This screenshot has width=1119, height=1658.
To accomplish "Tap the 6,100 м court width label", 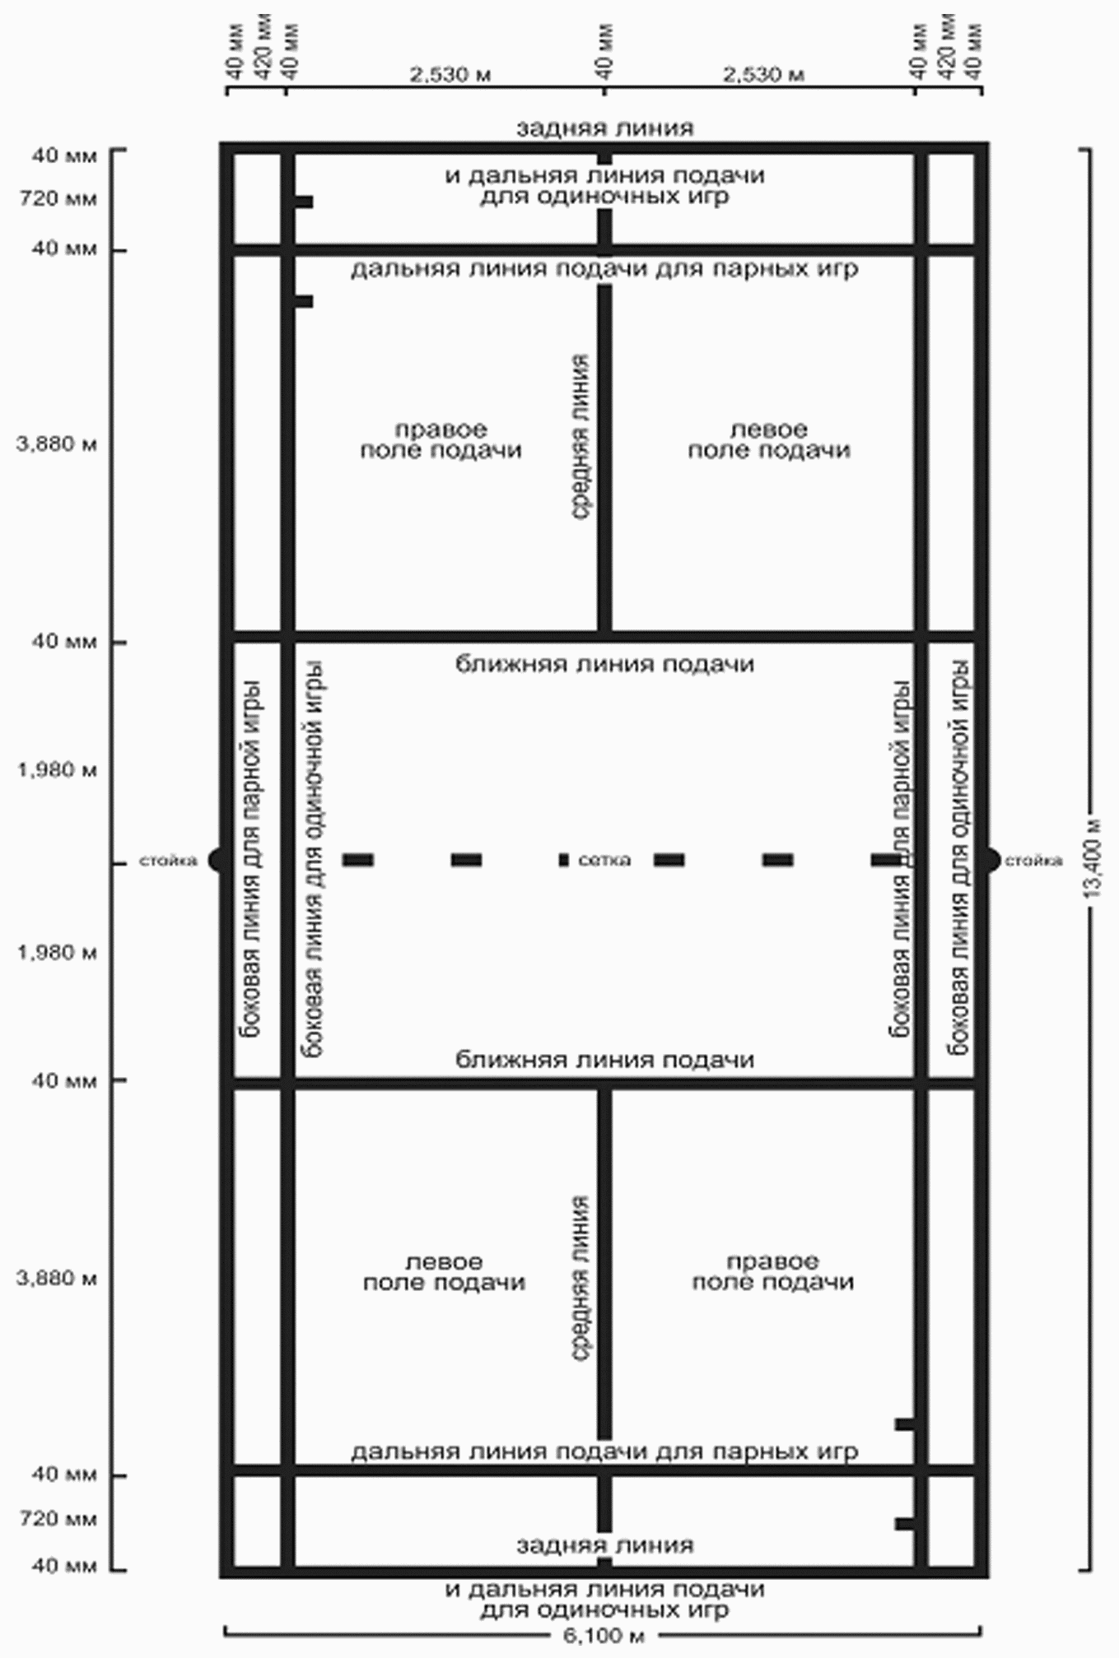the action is (x=604, y=1635).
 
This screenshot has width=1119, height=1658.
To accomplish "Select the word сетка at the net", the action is (x=604, y=861).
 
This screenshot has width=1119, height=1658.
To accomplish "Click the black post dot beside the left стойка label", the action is (x=217, y=861).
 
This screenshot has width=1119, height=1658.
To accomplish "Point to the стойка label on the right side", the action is (x=1033, y=861).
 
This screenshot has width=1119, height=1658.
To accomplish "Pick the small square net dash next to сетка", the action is (x=563, y=860).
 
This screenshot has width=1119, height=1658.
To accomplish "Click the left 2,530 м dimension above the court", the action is (x=450, y=75).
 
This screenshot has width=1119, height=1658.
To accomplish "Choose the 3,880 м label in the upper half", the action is (x=56, y=444).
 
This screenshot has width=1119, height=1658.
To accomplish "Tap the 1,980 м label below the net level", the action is (x=56, y=953).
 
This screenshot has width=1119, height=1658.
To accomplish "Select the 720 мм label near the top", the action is (x=64, y=198).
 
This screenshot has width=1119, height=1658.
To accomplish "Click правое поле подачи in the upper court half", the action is (x=441, y=439).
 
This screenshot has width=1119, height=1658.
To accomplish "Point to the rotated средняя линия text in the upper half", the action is (x=580, y=436).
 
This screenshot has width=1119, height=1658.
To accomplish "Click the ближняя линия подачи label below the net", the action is (x=604, y=1059).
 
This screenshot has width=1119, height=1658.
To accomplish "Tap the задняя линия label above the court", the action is (x=604, y=128).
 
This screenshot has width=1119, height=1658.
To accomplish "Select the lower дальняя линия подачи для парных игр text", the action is (x=604, y=1451).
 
